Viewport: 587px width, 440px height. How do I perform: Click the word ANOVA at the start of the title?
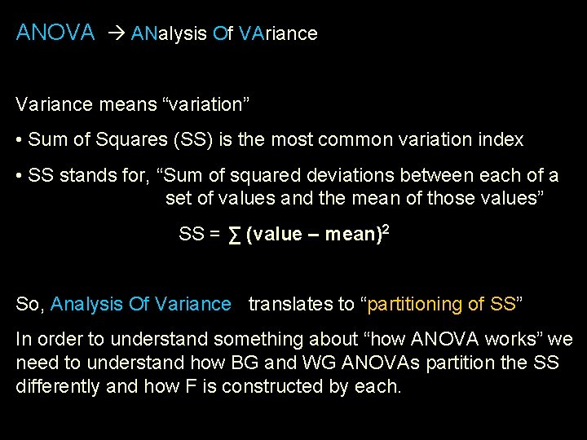pyautogui.click(x=55, y=33)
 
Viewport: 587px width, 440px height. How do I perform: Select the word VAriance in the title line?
pyautogui.click(x=279, y=33)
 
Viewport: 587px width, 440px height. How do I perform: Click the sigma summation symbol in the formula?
pyautogui.click(x=234, y=235)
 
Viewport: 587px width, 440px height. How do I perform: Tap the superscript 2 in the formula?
pyautogui.click(x=385, y=231)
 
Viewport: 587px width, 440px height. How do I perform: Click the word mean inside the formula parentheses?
pyautogui.click(x=350, y=235)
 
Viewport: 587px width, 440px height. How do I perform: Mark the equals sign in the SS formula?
pyautogui.click(x=214, y=235)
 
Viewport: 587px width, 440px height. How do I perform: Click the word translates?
pyautogui.click(x=288, y=304)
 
